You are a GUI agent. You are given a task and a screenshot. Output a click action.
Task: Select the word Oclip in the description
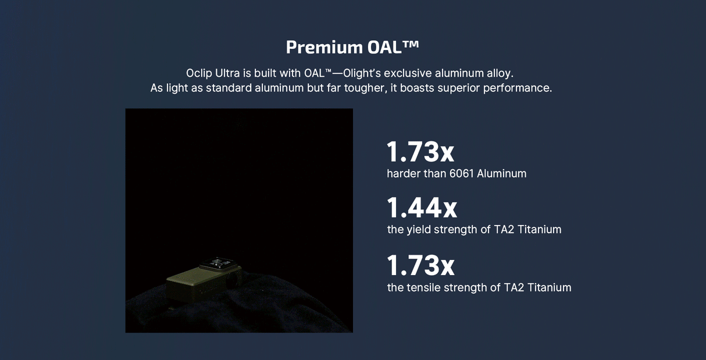click(199, 74)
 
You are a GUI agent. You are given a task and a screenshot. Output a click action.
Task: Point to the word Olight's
click(362, 74)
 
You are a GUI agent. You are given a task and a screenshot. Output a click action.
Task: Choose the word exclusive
click(412, 74)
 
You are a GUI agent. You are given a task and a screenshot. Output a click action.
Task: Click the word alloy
click(500, 74)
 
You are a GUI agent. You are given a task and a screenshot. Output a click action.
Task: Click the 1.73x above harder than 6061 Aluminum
click(420, 152)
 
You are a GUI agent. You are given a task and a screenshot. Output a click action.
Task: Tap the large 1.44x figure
click(422, 208)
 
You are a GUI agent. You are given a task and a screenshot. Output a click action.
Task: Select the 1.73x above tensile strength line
click(420, 265)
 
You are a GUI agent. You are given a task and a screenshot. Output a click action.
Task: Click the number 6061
click(462, 173)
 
